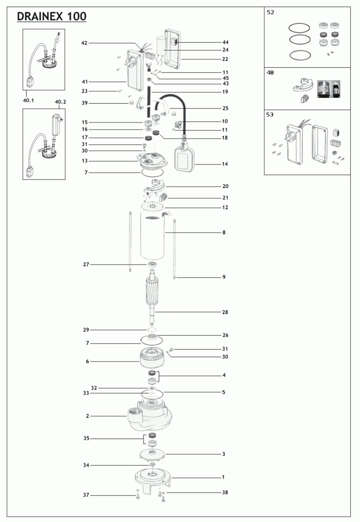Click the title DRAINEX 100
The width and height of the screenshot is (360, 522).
point(52,16)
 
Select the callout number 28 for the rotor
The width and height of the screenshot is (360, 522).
point(225,312)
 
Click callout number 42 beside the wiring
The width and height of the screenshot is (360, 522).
point(84,43)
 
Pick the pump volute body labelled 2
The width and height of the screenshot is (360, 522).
point(150,416)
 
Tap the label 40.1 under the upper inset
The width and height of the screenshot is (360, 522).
point(28,101)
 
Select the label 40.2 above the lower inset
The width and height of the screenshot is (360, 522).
point(60,102)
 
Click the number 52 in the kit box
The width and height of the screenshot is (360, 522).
point(271,12)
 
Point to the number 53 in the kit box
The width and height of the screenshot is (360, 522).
point(270,114)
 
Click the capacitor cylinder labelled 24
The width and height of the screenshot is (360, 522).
point(160,46)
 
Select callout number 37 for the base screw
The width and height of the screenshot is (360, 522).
point(86,495)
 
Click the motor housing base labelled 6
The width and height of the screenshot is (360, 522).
point(152,357)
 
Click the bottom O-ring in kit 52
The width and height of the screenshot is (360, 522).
point(300,55)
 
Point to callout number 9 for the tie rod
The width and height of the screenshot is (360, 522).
point(224,277)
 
